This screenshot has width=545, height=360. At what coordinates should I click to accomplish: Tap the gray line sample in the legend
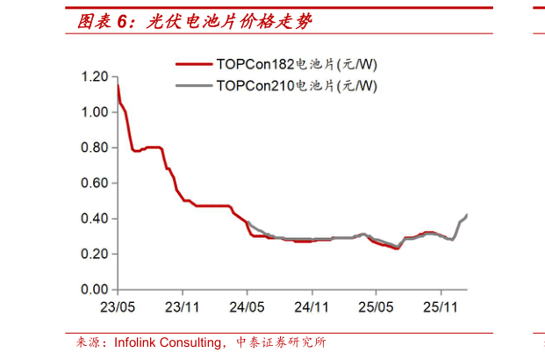[x=194, y=85]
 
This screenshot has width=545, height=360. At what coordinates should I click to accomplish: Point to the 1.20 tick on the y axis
[x=94, y=77]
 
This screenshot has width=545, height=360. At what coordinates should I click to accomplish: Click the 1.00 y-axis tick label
[x=94, y=112]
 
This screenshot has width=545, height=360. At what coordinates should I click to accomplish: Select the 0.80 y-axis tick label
[x=94, y=148]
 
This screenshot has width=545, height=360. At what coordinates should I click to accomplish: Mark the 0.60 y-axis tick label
[x=94, y=183]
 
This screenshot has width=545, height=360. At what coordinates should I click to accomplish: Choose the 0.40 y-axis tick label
[x=94, y=219]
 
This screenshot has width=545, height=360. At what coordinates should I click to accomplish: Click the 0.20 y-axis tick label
[x=94, y=254]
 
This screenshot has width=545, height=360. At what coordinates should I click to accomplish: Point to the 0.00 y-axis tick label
[x=94, y=289]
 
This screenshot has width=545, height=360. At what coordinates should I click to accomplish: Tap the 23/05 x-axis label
[x=117, y=308]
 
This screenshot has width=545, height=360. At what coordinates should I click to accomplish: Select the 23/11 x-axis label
[x=182, y=308]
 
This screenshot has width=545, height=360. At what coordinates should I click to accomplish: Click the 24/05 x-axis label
[x=247, y=308]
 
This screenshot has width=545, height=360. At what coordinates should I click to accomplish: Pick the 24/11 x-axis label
[x=312, y=308]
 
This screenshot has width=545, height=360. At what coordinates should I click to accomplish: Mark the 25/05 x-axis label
[x=376, y=308]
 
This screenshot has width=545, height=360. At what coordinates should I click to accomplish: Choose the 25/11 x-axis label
[x=441, y=308]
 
